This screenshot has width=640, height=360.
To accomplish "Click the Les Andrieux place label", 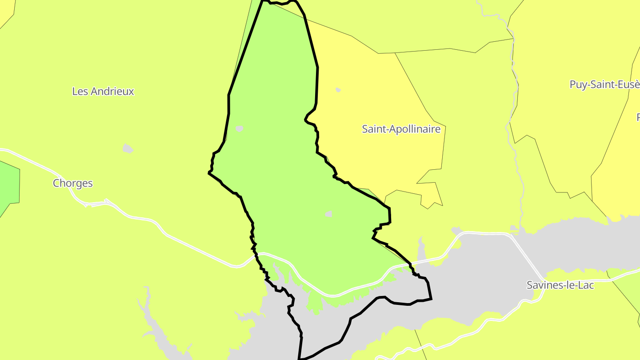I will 103,92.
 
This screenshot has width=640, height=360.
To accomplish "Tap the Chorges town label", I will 73,183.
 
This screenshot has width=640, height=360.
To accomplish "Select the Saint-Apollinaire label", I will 401,129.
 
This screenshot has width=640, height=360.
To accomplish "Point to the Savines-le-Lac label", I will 560,285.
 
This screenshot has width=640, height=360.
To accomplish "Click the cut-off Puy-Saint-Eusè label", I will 604,84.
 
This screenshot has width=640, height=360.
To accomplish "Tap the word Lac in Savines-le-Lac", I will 585,285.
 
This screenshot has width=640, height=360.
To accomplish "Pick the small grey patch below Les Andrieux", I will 128,148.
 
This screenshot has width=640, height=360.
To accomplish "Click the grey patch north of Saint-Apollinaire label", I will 338,90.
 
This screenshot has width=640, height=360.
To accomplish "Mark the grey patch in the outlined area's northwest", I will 240,129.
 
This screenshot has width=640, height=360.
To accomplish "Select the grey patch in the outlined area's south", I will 328,214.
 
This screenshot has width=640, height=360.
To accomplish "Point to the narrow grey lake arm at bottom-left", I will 153,329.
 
